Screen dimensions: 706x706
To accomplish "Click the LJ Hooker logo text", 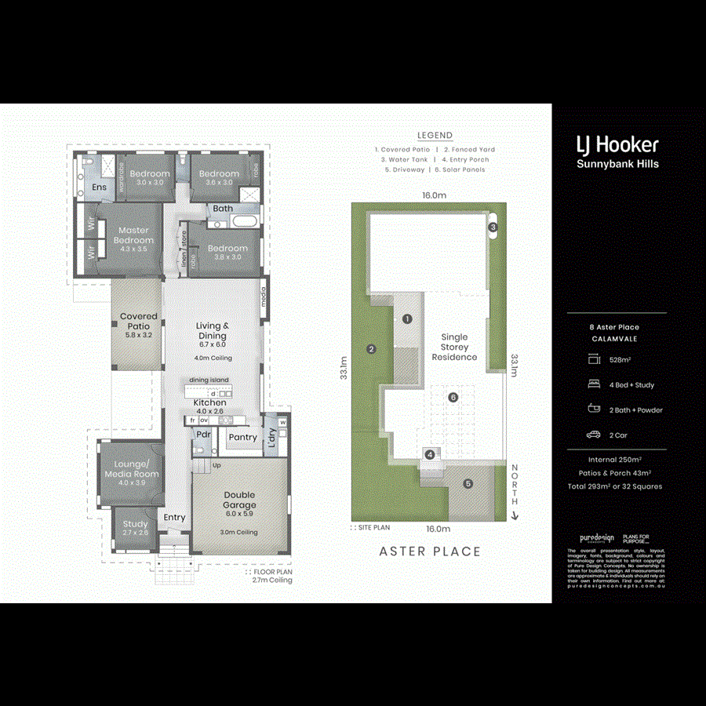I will (x=617, y=144).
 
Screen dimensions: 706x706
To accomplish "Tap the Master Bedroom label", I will (x=133, y=235).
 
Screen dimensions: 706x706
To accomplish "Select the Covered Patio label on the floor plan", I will (x=139, y=321).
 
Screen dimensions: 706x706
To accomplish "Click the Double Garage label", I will (x=239, y=500).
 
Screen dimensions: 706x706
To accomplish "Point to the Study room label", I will (x=135, y=524).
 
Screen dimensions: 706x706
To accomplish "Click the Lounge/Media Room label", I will (x=132, y=469).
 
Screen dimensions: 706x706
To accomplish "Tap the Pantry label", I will (x=242, y=437).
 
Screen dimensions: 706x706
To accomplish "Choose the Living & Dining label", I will (x=212, y=331).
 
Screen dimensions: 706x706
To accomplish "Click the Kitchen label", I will (x=209, y=402).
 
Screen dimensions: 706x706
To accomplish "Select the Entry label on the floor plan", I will (x=174, y=518).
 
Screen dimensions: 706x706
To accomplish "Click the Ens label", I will (x=100, y=187).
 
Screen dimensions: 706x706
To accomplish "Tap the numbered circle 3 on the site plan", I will (x=493, y=227).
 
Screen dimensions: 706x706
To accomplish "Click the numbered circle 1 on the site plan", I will (x=407, y=318).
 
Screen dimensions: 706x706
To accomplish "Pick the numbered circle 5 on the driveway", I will (x=468, y=483).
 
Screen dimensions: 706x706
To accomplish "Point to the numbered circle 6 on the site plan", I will (x=453, y=397).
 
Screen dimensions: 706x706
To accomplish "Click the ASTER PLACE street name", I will (x=430, y=551).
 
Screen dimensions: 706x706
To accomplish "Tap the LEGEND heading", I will (x=435, y=135).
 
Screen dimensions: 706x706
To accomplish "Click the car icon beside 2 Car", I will (x=593, y=435).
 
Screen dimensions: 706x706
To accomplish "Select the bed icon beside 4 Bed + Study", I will (x=593, y=384).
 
